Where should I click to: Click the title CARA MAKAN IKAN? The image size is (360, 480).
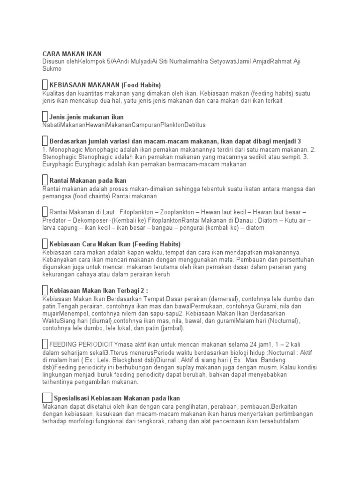(x=72, y=54)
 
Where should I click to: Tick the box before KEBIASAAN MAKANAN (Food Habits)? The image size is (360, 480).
(x=45, y=85)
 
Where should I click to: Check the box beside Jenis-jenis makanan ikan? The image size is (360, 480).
(x=45, y=116)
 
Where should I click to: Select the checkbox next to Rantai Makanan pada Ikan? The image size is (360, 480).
(x=45, y=180)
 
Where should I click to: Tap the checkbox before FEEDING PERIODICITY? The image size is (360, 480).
(x=45, y=345)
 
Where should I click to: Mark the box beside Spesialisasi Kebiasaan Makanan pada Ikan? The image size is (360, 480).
(x=47, y=397)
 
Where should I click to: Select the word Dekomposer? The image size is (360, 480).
(x=90, y=220)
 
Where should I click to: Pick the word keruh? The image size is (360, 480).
(x=160, y=275)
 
